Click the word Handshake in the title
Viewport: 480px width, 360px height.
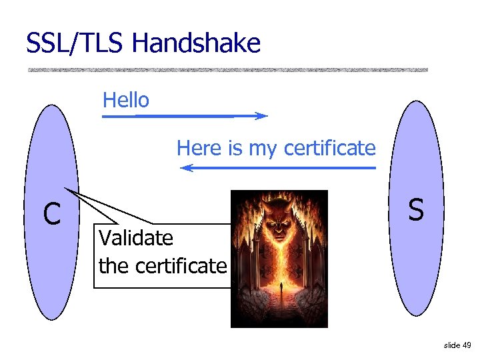(x=196, y=44)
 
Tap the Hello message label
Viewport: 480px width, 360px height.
(x=126, y=101)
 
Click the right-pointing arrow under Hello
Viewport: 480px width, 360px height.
(x=184, y=116)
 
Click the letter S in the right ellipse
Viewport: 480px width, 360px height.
(x=416, y=210)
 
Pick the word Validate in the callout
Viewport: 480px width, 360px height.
(x=135, y=237)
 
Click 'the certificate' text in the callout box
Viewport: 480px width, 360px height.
(x=163, y=266)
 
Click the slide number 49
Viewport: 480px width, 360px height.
(x=466, y=345)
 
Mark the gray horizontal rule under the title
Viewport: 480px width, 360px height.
(x=227, y=69)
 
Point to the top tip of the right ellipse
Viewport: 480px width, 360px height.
(x=417, y=101)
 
